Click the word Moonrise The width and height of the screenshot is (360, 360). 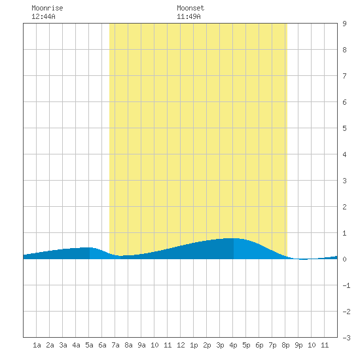click(47, 8)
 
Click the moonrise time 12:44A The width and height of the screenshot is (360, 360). click(43, 16)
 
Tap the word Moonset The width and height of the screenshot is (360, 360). click(190, 8)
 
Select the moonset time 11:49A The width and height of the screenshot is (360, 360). click(189, 16)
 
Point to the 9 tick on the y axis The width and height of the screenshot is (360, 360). click(344, 24)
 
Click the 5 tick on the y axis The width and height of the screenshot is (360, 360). click(344, 128)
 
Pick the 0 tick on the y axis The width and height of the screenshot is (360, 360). click(344, 259)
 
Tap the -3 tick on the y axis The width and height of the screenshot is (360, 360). click(346, 338)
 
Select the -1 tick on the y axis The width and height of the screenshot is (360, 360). click(346, 285)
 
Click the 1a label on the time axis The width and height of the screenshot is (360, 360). click(37, 345)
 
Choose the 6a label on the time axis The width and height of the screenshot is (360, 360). click(102, 345)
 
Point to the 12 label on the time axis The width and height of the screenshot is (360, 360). click(181, 345)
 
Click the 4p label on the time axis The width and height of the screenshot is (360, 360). click(233, 345)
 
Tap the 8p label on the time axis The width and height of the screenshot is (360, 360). click(285, 345)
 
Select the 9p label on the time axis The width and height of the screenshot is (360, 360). click(298, 345)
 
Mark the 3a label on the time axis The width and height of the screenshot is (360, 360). click(63, 345)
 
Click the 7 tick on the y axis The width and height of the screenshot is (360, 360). click(344, 76)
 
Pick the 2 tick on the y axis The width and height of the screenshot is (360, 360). click(344, 207)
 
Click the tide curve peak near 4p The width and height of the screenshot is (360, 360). click(233, 238)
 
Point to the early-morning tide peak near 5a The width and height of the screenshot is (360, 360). click(89, 247)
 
